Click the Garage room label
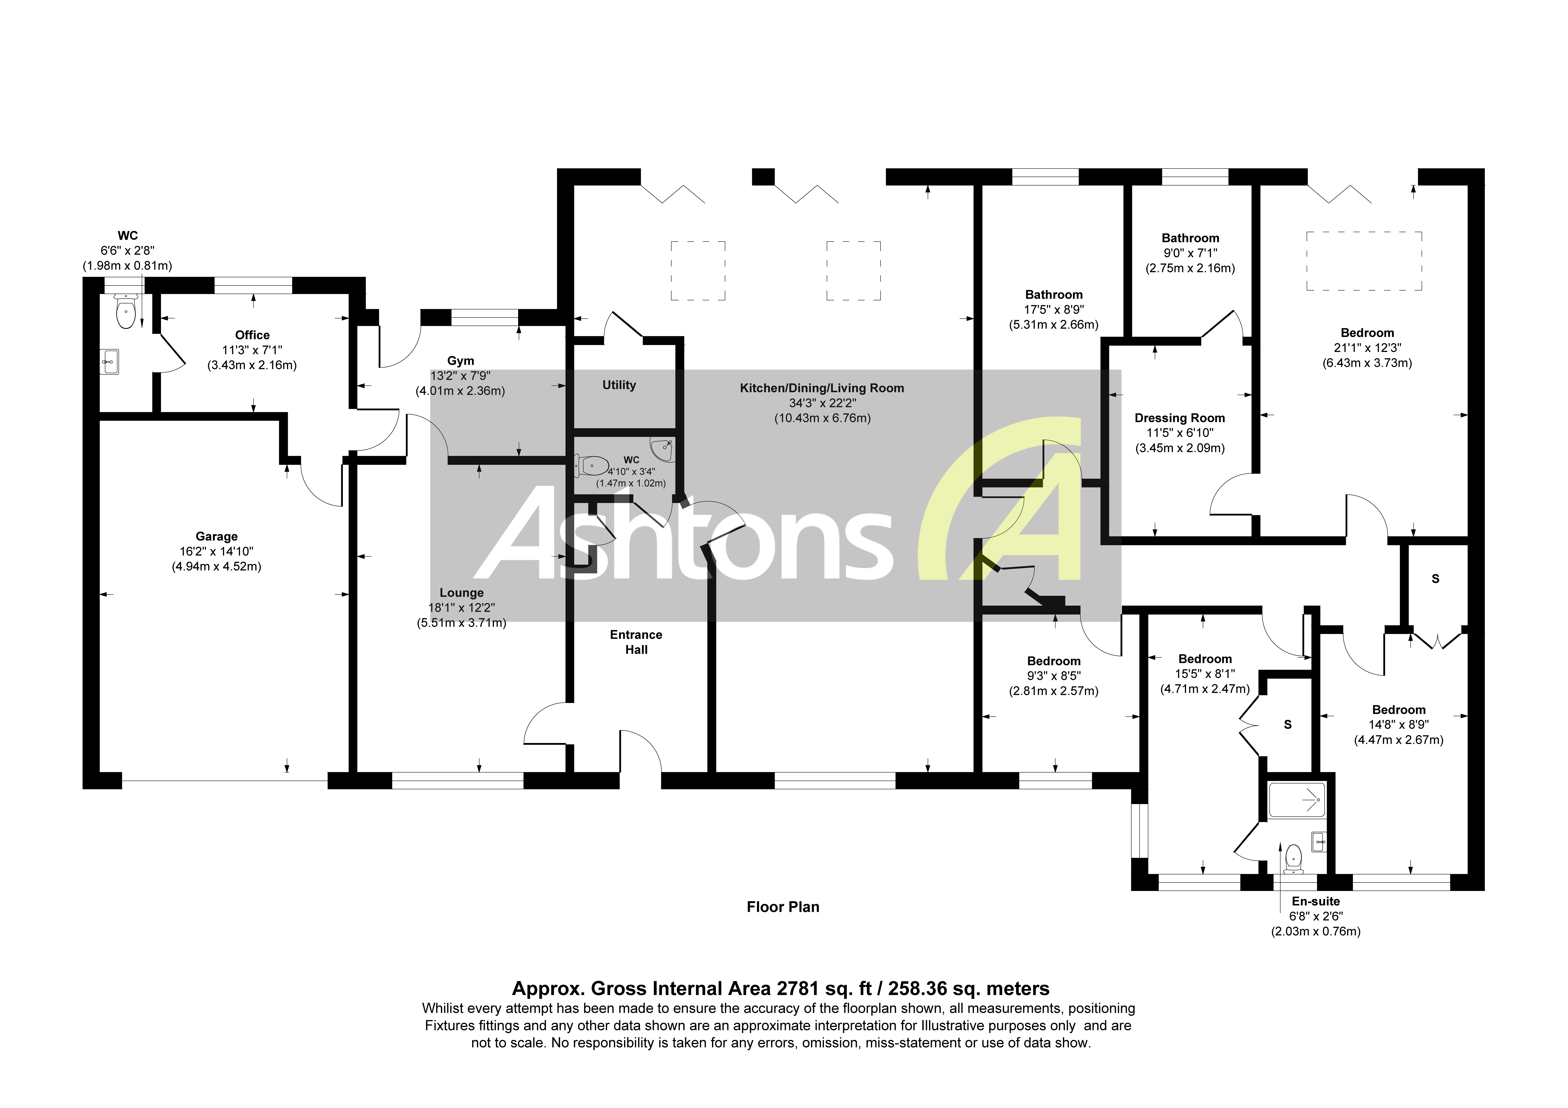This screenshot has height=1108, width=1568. (x=216, y=536)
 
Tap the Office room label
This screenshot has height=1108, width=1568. (x=252, y=335)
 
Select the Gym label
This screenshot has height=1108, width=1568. (x=460, y=361)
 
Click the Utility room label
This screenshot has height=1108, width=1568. (x=619, y=385)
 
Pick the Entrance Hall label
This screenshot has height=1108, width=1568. (x=636, y=642)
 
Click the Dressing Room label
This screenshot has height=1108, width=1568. (x=1179, y=418)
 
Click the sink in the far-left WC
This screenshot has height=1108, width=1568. (x=109, y=362)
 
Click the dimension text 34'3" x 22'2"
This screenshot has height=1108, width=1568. (x=822, y=403)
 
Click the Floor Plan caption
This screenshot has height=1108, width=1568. (x=783, y=907)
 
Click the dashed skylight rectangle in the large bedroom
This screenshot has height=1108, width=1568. (x=1364, y=261)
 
